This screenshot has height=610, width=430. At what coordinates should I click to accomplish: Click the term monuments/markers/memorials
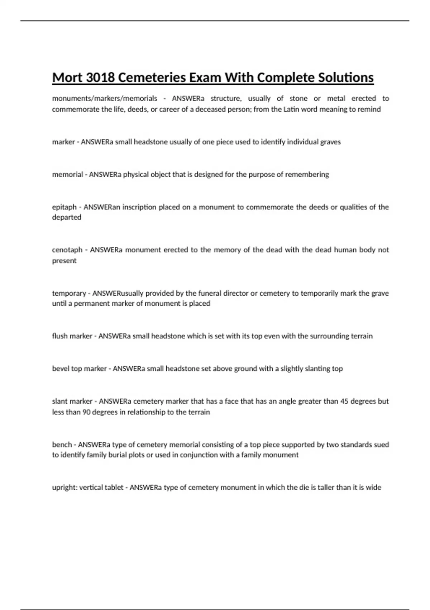105,98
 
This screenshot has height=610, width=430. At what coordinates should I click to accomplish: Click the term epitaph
64,207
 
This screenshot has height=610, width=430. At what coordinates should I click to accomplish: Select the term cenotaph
67,250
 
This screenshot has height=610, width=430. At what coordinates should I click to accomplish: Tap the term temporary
69,293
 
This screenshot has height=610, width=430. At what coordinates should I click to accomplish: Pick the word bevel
61,369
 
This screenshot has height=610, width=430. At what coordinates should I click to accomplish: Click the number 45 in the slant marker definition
344,401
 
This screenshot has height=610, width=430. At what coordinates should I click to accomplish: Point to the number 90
86,412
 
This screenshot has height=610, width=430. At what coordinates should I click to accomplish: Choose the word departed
67,217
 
